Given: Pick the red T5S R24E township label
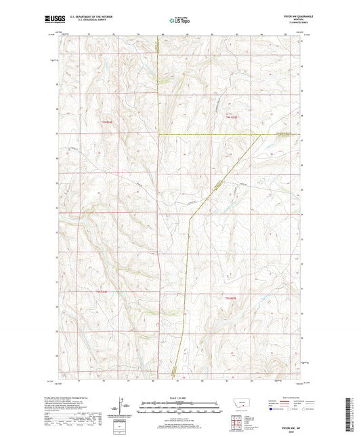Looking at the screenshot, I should point(102,292).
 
